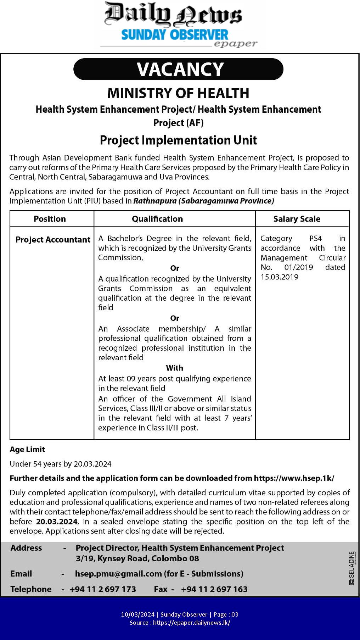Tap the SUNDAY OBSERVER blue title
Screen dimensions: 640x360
coord(175,35)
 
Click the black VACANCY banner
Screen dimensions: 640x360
coord(179,69)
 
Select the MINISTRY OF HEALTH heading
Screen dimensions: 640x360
coord(178,93)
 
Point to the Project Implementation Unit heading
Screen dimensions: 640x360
coord(178,140)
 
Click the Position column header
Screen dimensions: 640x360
coord(50,219)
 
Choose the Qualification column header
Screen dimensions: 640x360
coord(157,219)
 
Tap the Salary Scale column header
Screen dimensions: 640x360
coord(297,219)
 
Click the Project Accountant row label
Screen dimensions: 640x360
coord(53,240)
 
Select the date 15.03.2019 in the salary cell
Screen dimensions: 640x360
coord(280,277)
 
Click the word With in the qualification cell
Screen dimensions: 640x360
coord(175,368)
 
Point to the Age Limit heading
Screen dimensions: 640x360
coord(27,449)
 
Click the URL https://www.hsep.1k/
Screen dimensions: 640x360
coord(294,478)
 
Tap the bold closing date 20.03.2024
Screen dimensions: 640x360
coord(57,522)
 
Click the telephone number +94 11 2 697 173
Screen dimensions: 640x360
coord(103,589)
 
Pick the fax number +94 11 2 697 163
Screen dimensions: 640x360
coord(214,589)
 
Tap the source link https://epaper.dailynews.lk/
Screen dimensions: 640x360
coord(191,623)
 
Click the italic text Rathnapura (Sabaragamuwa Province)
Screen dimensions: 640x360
coord(204,201)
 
